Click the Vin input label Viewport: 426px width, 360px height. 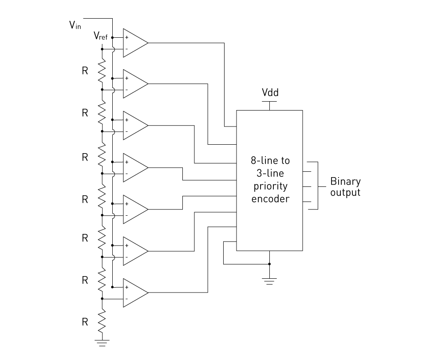pos(75,25)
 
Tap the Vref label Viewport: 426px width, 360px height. pos(101,36)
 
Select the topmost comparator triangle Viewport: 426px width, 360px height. pos(136,43)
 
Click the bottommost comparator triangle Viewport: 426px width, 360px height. pos(136,293)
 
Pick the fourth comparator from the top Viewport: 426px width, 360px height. pos(136,168)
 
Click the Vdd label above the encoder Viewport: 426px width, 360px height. pos(270,92)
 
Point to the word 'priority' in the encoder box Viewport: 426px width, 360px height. pos(270,186)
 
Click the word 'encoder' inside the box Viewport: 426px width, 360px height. pos(270,199)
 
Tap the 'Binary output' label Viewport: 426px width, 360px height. pos(345,186)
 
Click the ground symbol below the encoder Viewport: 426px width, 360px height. pos(269,281)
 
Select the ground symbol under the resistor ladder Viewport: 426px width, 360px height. pos(102,343)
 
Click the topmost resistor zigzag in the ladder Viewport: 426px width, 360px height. pos(102,71)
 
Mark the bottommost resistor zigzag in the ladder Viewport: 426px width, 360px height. pos(102,322)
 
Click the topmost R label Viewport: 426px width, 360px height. pos(85,71)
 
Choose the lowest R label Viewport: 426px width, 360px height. pos(85,322)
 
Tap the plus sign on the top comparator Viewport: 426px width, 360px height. pos(126,37)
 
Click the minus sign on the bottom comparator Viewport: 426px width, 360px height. pos(126,299)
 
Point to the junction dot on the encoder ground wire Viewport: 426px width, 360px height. pos(269,264)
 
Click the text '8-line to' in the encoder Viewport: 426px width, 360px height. pos(270,161)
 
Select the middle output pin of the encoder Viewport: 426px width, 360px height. pos(307,186)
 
